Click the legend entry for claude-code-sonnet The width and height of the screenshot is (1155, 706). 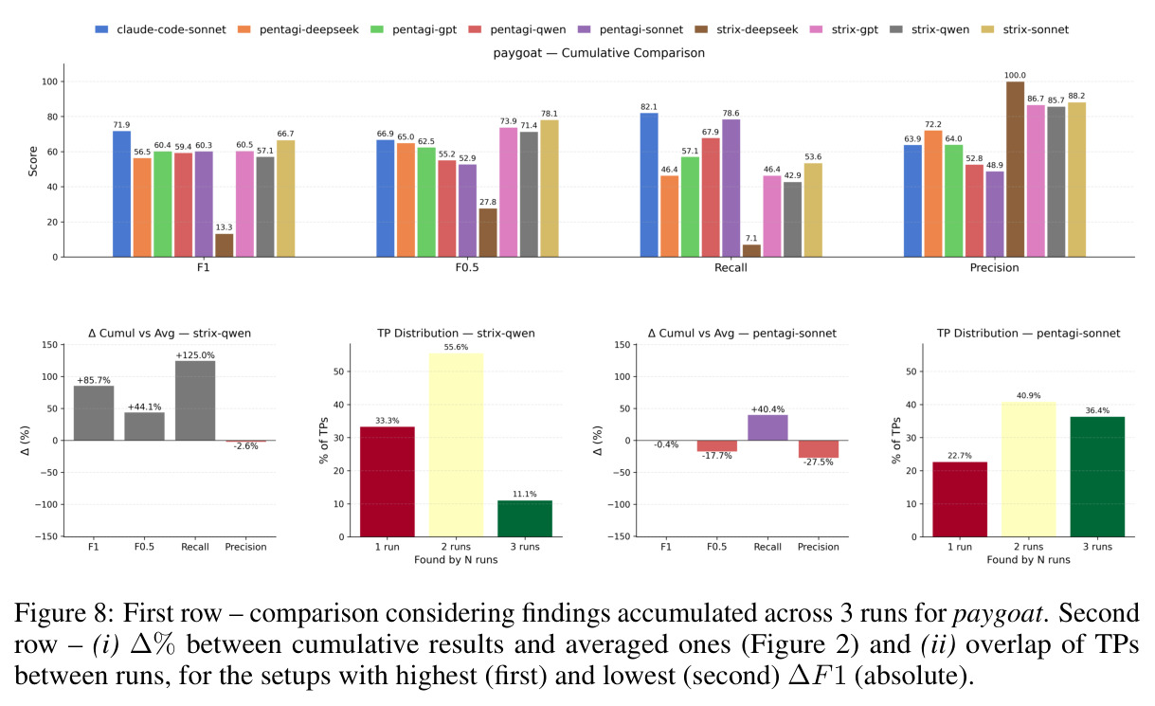point(160,29)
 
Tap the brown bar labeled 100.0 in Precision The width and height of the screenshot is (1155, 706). point(1015,169)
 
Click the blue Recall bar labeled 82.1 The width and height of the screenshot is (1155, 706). point(649,185)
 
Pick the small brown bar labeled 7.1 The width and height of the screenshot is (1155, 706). point(751,250)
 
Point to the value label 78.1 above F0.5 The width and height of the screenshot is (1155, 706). point(550,114)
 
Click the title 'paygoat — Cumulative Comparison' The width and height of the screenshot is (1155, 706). point(599,53)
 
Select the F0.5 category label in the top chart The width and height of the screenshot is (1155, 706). point(466,267)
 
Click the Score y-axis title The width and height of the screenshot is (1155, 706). point(33,161)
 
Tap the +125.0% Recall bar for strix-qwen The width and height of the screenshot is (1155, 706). point(195,401)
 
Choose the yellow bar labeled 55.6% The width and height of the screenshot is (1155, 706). point(456,445)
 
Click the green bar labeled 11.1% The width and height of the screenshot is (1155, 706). point(525,518)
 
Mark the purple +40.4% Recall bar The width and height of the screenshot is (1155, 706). point(767,427)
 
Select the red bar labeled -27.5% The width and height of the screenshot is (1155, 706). point(819,449)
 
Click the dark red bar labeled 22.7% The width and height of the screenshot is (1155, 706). point(960,499)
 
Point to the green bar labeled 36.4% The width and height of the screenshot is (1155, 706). point(1097,477)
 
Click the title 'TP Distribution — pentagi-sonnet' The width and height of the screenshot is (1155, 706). point(1028,334)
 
